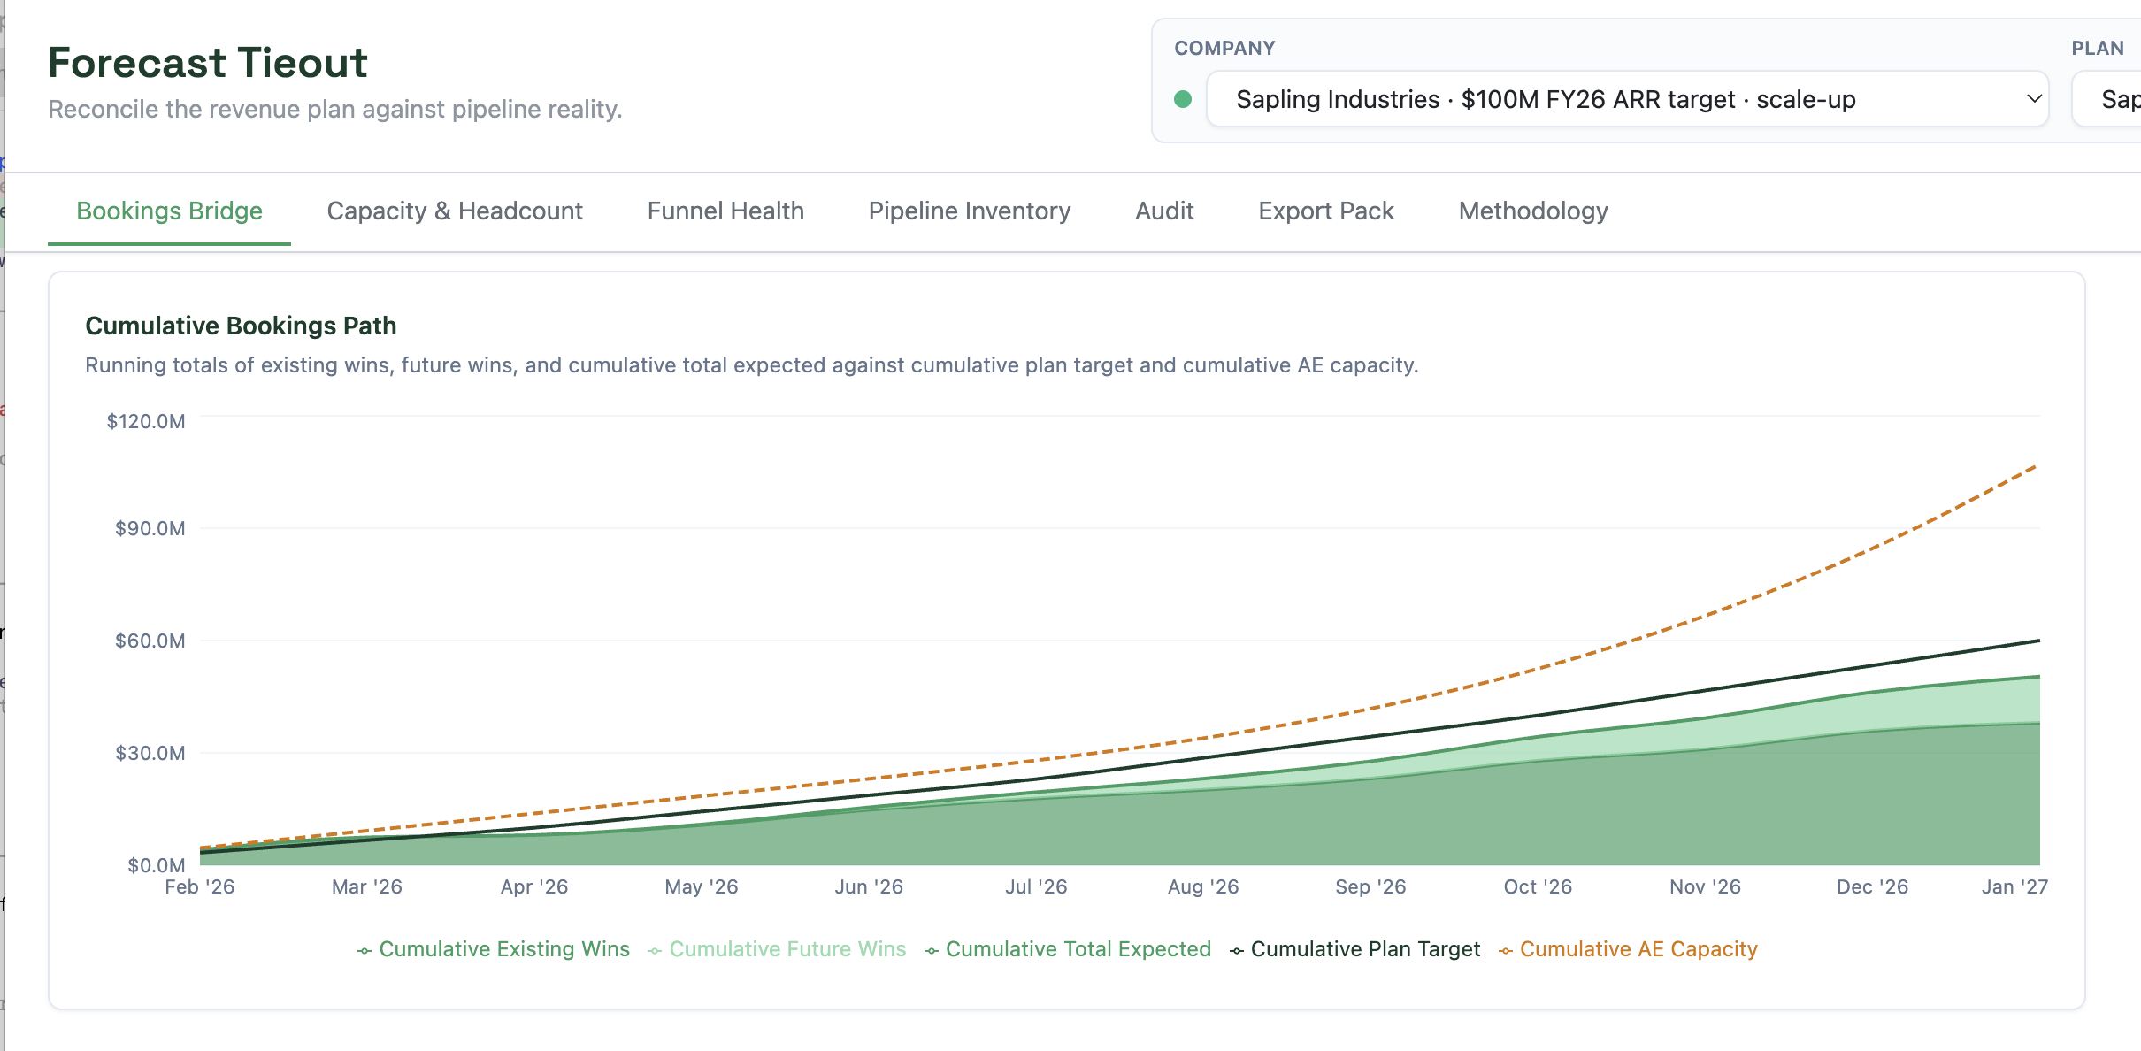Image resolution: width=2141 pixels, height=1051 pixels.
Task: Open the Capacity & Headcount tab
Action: click(x=455, y=211)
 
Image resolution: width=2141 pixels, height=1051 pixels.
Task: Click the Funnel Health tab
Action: click(x=725, y=211)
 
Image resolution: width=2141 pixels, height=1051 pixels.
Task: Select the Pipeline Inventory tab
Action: click(x=970, y=211)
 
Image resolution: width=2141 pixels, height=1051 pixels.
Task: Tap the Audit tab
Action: click(x=1164, y=211)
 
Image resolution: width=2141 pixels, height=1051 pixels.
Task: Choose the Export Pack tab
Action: click(x=1326, y=211)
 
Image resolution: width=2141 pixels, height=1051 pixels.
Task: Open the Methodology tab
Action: click(x=1533, y=211)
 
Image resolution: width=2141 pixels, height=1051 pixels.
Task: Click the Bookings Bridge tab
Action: click(x=169, y=211)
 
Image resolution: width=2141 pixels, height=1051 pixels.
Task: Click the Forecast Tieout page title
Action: click(x=208, y=63)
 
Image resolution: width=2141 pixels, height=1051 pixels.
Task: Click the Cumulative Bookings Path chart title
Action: click(x=241, y=326)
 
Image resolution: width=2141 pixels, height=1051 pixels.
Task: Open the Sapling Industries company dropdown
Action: click(x=1628, y=99)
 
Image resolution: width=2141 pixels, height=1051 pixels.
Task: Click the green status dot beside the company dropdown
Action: click(x=1183, y=99)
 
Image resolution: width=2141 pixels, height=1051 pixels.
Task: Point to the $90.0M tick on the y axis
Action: click(x=150, y=528)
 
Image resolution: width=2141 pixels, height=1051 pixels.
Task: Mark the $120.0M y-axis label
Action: click(x=146, y=421)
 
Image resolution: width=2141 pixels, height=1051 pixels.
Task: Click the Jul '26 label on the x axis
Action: click(x=1036, y=886)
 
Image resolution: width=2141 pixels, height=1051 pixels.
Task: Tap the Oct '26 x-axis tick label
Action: click(x=1538, y=886)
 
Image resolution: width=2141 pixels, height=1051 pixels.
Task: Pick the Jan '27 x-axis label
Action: click(x=2014, y=886)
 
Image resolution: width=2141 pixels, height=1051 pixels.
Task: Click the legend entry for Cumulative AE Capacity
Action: click(x=1628, y=949)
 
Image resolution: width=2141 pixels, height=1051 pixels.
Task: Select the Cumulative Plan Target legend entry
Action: click(x=1354, y=949)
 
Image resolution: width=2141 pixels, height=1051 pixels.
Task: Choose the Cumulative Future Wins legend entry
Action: click(x=777, y=949)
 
